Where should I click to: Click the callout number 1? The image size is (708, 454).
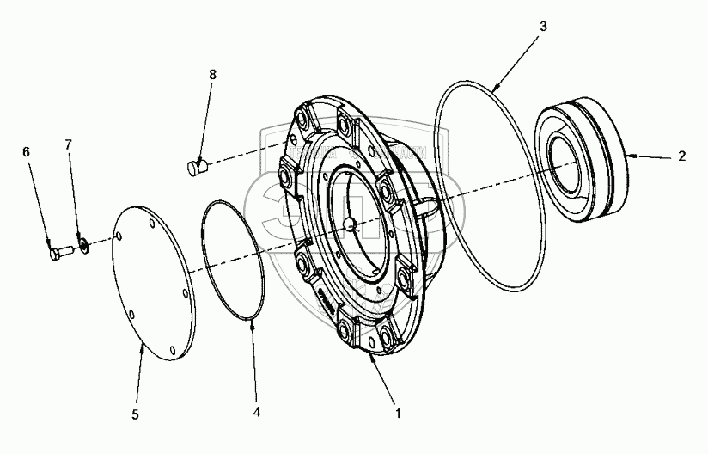click(x=396, y=413)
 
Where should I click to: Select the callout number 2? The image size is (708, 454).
click(x=681, y=156)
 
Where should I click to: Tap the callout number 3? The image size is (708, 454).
click(x=542, y=27)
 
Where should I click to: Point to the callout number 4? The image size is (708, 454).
click(x=256, y=411)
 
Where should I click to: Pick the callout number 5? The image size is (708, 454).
click(x=136, y=414)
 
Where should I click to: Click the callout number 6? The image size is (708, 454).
click(x=26, y=151)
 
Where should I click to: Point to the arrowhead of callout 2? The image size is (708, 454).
click(x=632, y=156)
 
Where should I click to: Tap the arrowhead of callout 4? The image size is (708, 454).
click(x=250, y=322)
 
